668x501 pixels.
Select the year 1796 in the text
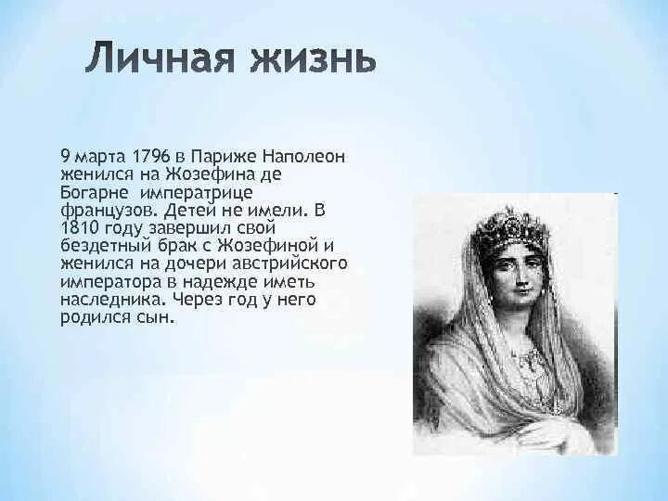[152, 155]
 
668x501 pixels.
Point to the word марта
[98, 155]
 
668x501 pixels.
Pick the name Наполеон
[305, 155]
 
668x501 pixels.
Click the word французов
[104, 210]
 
